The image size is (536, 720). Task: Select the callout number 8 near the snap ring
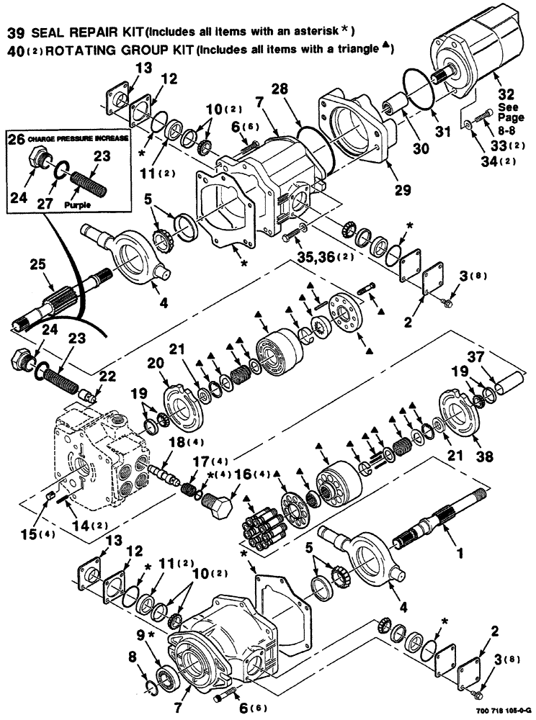(x=131, y=657)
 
